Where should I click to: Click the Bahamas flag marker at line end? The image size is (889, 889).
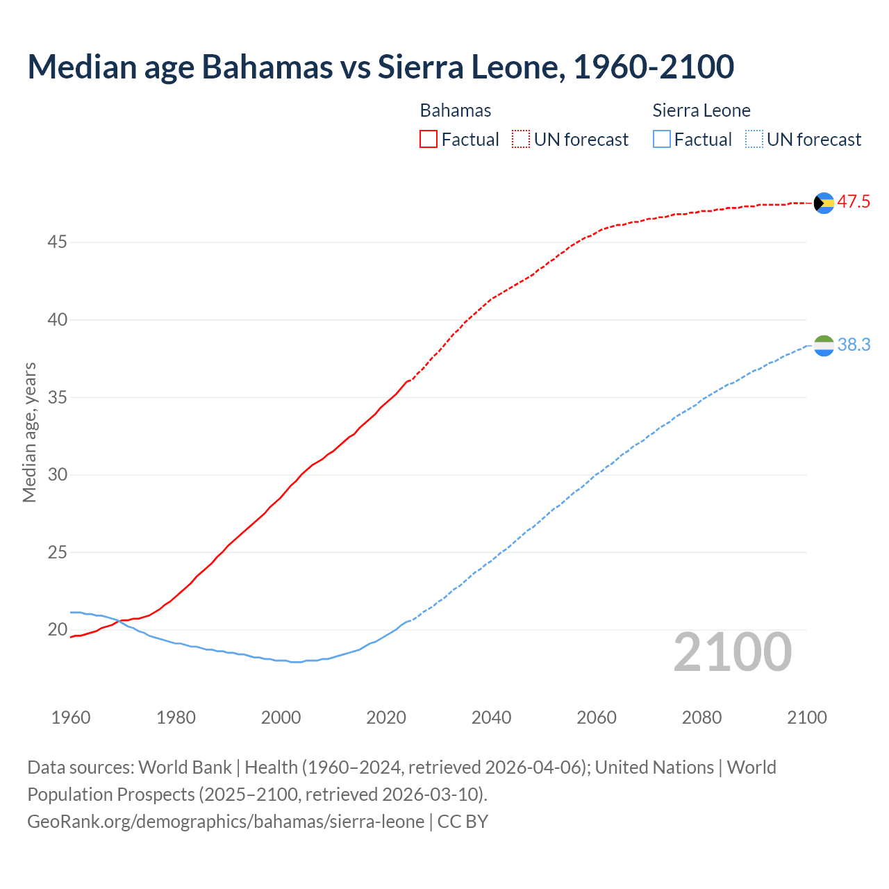[824, 203]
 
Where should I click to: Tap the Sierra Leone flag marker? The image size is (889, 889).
[824, 345]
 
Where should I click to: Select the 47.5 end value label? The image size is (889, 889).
[854, 202]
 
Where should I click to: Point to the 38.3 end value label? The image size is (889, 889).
[854, 345]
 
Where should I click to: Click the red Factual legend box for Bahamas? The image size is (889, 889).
[429, 140]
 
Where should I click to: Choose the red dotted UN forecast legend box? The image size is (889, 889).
[521, 140]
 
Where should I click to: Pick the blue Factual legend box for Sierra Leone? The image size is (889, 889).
[662, 140]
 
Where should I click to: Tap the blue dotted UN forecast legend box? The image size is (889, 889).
[754, 140]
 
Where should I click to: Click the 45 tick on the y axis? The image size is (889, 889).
[57, 242]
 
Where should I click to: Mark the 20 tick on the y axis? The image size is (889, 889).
[57, 630]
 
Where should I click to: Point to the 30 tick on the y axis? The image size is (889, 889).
[57, 475]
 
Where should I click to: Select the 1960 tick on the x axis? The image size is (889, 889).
[71, 717]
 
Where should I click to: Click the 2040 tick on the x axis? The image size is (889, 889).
[491, 717]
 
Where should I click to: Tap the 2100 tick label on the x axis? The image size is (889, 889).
[806, 717]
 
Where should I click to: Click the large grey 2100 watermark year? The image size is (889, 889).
[732, 652]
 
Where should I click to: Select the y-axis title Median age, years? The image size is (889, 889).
[29, 432]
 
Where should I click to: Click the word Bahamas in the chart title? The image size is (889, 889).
[267, 67]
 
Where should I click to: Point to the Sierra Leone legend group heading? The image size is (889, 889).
[701, 110]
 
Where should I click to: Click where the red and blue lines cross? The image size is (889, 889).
[119, 622]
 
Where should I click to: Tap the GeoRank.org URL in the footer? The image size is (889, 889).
[226, 822]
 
